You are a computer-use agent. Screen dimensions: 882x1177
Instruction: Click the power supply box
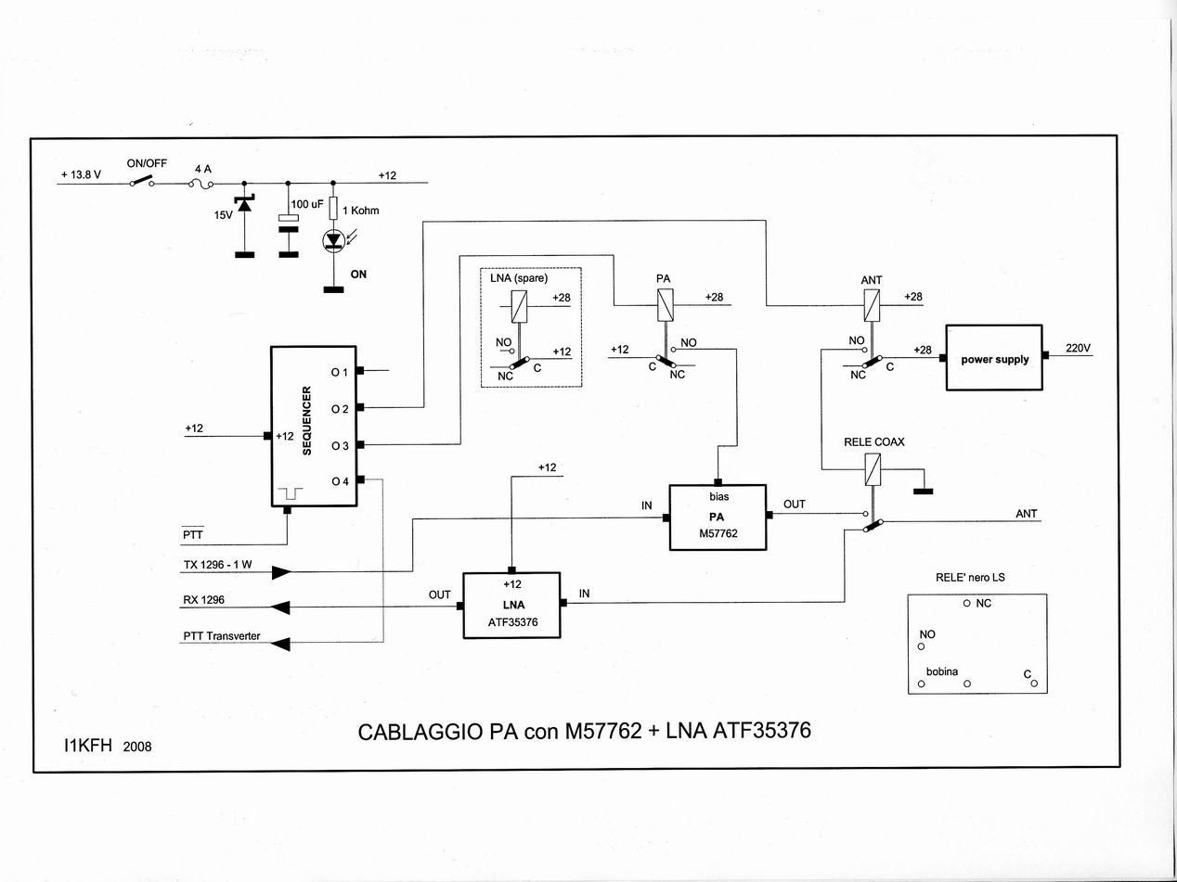993,359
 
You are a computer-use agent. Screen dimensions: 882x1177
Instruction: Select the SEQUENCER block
314,427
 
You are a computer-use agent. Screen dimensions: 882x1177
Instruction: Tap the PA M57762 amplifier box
718,517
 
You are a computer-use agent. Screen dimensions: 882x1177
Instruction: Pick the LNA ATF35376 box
513,605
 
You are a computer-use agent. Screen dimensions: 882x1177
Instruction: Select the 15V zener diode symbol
244,205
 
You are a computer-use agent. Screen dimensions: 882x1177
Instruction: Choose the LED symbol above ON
333,240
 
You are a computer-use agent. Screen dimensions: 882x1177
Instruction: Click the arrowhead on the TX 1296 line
281,572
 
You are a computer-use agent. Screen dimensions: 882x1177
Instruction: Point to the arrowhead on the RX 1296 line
280,607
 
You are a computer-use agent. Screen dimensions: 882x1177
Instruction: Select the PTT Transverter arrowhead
280,643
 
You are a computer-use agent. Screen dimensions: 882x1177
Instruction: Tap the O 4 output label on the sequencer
340,480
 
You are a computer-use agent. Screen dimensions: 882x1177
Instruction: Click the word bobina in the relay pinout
942,671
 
